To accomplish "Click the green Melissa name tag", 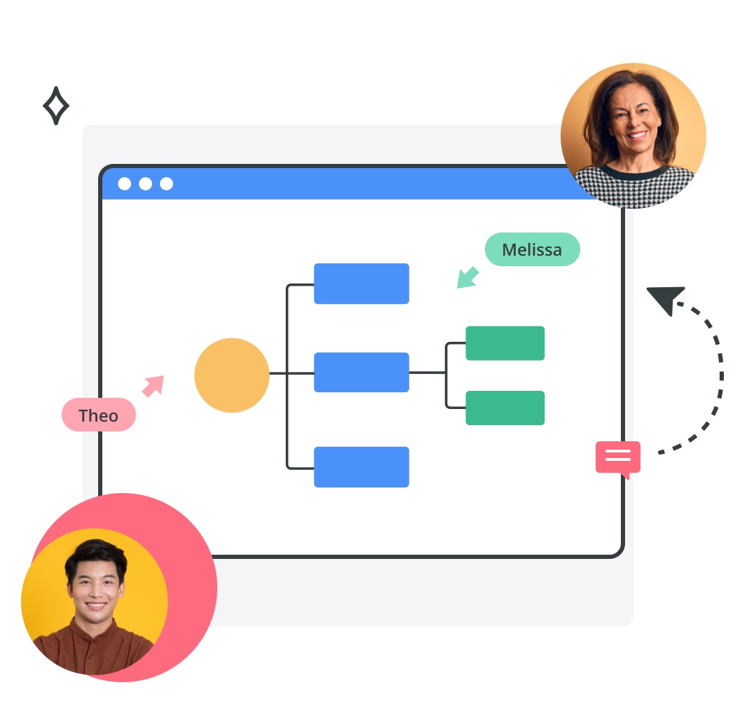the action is (533, 249).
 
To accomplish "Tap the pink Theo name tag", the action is (99, 415).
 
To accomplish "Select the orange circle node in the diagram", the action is (232, 375).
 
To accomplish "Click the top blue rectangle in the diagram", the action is (362, 284).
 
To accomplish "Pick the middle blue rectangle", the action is (362, 372).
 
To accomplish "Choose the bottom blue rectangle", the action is (362, 467).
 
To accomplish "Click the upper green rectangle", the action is (505, 343).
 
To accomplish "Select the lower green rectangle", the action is (505, 408).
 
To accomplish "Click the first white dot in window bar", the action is (125, 184).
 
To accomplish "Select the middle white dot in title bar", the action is (145, 184).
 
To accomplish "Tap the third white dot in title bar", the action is (166, 184).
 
